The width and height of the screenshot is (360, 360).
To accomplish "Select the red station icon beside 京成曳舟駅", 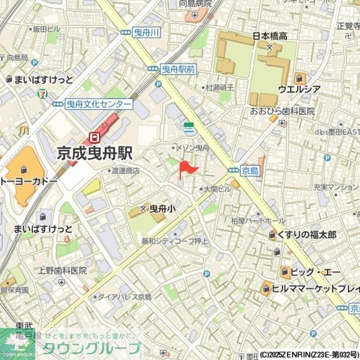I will point(94,137).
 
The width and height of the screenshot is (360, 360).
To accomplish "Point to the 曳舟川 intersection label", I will point(147,34).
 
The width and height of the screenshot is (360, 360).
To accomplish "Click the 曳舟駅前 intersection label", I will point(178,69).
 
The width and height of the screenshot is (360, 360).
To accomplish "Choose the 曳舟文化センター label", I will point(98,104).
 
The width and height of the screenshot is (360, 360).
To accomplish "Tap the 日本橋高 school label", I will point(269,36).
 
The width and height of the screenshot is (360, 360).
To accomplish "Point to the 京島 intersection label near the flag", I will point(250,170).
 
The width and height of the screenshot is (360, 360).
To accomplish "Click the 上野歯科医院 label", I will point(62,270).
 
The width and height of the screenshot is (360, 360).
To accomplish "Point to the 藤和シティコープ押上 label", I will point(175,242).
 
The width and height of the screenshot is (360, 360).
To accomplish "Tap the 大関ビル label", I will point(217,190).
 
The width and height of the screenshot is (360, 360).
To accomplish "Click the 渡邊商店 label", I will point(125,170).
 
